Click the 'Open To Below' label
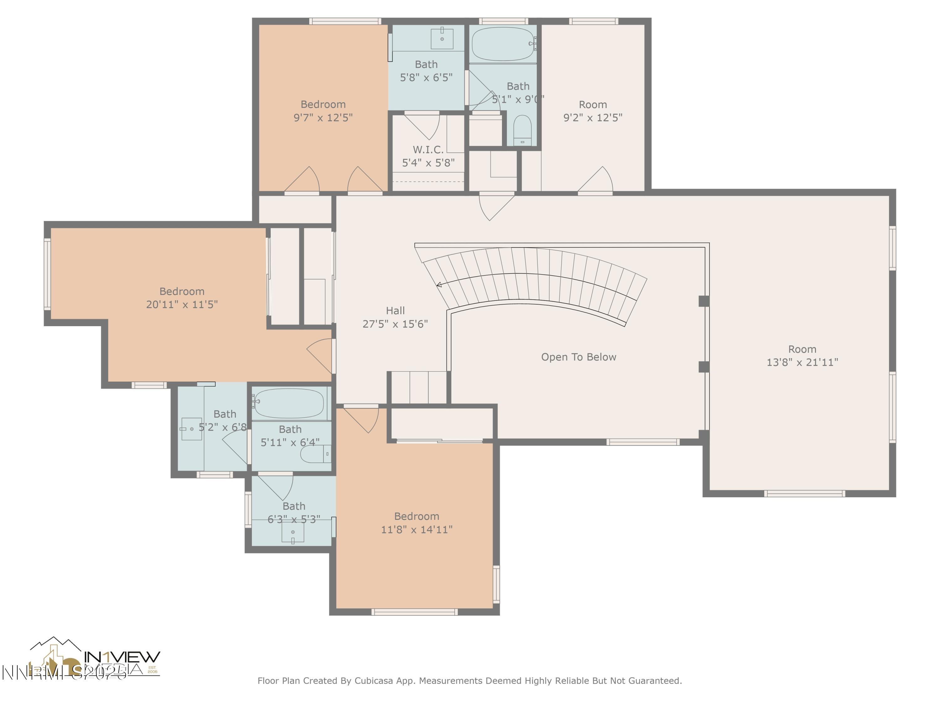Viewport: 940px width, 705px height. [x=578, y=357]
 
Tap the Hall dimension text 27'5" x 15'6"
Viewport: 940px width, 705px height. [x=395, y=324]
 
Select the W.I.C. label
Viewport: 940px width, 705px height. [x=428, y=149]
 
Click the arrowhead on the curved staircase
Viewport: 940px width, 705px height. [x=439, y=285]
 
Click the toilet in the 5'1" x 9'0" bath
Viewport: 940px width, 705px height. [x=522, y=130]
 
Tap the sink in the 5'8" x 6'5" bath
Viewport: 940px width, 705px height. [x=442, y=39]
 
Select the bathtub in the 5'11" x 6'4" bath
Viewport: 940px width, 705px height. [x=290, y=403]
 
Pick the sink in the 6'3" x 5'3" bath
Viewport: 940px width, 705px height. [x=293, y=532]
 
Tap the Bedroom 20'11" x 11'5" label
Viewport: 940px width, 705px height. [x=182, y=291]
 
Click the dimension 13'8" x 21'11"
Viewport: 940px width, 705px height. [x=802, y=362]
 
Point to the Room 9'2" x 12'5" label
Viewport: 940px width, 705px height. [x=593, y=105]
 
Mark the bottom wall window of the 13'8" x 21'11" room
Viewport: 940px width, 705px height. [x=804, y=494]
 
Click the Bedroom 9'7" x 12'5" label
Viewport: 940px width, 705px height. [x=323, y=104]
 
